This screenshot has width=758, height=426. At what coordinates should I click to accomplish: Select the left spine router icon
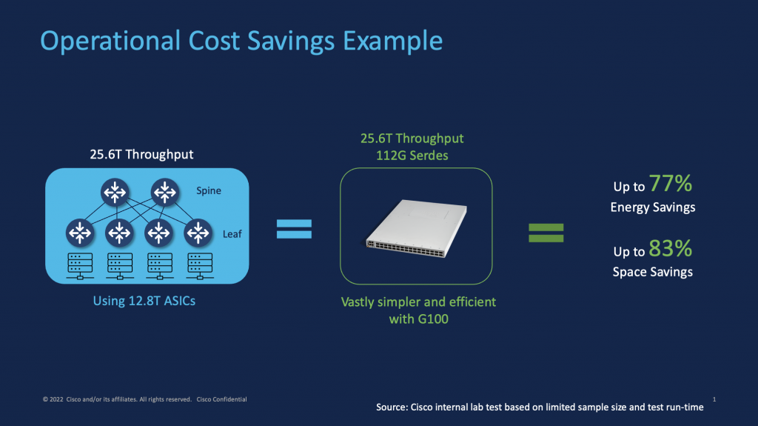coord(115,193)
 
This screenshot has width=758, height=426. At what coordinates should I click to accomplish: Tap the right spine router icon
coord(164,193)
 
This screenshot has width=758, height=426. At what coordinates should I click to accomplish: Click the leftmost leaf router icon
coord(78,233)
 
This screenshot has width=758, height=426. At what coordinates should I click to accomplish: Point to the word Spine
coord(209,190)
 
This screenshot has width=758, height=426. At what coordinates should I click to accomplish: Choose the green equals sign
coord(546,233)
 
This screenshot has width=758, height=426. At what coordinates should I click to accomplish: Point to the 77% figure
coord(671,184)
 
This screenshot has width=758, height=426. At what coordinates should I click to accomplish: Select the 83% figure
coord(671,248)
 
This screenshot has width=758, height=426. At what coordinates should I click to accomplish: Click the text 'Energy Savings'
coord(652,207)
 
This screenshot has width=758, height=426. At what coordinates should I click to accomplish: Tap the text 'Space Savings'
coord(652,272)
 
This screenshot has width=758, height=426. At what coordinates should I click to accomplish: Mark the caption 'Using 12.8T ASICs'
coord(146,301)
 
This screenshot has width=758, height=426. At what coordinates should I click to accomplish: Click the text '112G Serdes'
coord(412,156)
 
